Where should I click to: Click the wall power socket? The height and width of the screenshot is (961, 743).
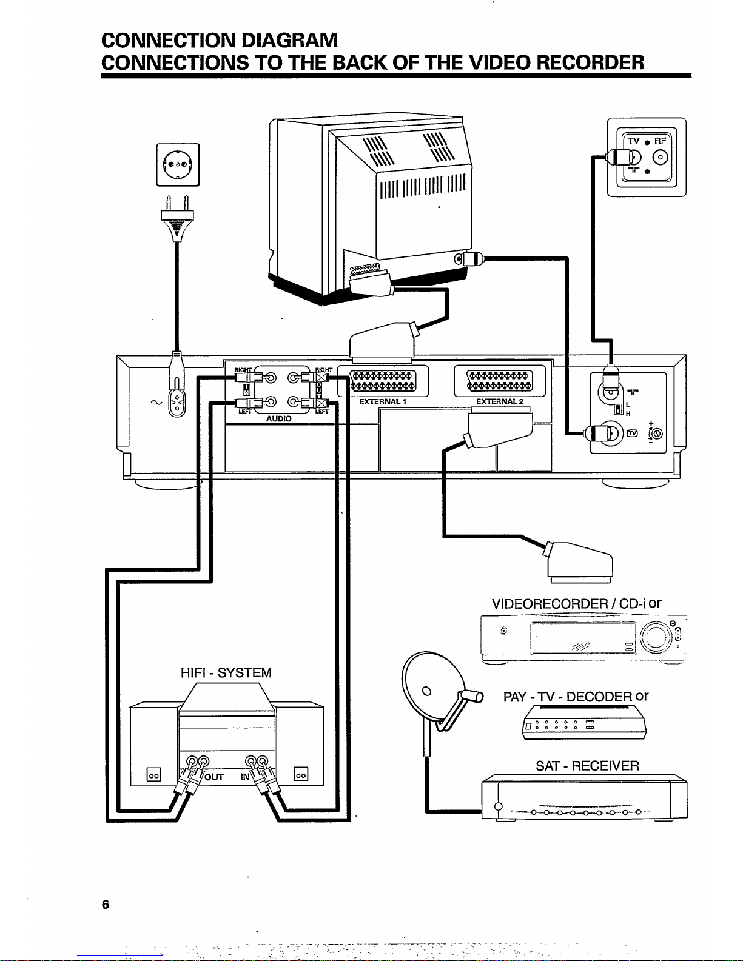click(178, 164)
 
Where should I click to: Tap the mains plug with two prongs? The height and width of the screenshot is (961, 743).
click(177, 219)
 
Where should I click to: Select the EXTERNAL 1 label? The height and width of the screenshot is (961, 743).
click(383, 401)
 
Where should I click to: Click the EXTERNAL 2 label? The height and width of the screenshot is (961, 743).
click(500, 401)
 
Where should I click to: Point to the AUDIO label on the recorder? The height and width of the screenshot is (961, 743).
click(278, 418)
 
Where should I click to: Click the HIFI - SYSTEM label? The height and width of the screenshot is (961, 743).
click(226, 672)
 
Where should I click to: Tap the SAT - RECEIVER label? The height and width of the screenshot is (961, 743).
click(587, 766)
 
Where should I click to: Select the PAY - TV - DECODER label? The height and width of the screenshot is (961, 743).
click(568, 697)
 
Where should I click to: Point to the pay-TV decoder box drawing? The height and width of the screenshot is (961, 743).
click(583, 722)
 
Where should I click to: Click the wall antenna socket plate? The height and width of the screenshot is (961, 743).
click(647, 157)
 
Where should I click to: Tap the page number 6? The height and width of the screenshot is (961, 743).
click(106, 905)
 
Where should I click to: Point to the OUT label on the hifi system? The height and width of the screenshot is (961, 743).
click(214, 777)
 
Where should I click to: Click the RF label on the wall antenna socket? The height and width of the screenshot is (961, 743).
click(660, 141)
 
